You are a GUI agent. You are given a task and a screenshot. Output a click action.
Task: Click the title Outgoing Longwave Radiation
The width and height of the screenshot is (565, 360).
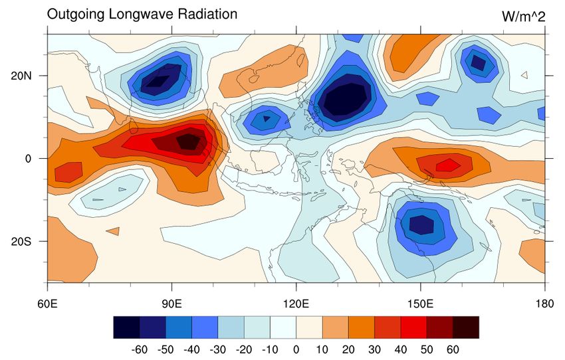point(142,14)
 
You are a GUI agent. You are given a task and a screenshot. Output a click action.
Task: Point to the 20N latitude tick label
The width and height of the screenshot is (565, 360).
point(25,76)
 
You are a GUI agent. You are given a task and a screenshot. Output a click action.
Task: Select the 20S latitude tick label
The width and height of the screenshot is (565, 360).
point(25,241)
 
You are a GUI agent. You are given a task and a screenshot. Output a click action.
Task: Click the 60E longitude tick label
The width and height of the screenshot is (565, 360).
point(48,304)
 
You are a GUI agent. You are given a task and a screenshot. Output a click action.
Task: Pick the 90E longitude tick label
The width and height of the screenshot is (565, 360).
point(172,304)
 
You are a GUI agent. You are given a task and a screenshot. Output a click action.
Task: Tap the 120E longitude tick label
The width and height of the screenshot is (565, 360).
point(296,304)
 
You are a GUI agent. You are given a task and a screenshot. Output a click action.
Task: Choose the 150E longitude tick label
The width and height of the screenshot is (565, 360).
point(421,304)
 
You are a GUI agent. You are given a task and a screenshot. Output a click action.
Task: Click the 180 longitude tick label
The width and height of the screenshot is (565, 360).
point(545,304)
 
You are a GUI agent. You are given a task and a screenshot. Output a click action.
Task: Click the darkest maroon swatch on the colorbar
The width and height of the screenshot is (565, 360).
point(465,327)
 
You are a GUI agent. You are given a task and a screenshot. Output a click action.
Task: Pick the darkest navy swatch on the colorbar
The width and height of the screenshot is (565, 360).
point(126,327)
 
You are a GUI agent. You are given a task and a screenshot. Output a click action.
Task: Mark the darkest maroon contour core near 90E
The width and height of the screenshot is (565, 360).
point(188,141)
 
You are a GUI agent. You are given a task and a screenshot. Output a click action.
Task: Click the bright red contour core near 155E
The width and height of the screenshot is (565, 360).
point(447,164)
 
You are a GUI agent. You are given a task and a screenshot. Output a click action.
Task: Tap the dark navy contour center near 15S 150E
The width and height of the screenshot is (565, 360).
point(421,225)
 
